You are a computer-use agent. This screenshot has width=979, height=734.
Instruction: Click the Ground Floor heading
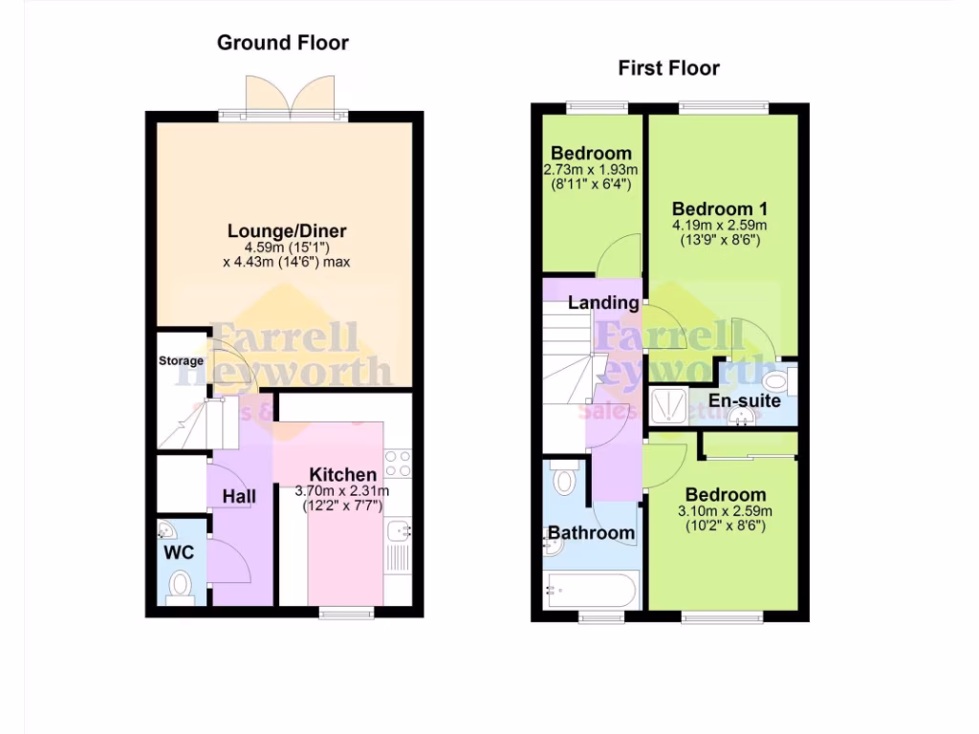click(282, 42)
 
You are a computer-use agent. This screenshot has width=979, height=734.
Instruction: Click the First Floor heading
click(668, 67)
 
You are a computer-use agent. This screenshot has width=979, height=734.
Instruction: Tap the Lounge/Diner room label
click(287, 231)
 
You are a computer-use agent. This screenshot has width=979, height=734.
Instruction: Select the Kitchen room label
click(342, 475)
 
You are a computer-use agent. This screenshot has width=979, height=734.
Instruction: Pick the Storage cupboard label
click(181, 361)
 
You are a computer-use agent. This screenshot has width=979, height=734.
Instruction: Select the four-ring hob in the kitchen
click(398, 464)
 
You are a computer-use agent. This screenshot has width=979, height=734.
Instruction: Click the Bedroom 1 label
click(720, 209)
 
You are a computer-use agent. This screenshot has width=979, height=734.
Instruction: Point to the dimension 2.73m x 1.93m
click(590, 169)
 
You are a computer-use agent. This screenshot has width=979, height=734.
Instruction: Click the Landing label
click(603, 303)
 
